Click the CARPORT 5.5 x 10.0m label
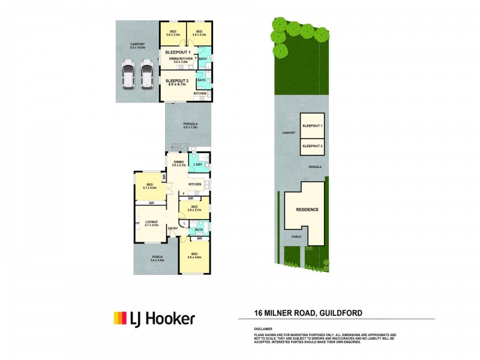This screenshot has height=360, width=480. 138,46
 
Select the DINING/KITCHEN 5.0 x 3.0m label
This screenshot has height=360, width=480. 181,60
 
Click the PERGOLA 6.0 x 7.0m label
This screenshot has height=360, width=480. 190,125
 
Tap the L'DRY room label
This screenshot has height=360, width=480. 197,164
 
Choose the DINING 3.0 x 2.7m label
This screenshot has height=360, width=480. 179,163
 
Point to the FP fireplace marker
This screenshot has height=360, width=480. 137,224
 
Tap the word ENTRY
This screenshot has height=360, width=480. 173,229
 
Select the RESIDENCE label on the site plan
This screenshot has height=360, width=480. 307,210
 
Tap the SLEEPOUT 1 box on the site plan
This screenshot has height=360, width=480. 312,126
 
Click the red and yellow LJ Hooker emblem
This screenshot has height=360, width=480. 120,318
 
